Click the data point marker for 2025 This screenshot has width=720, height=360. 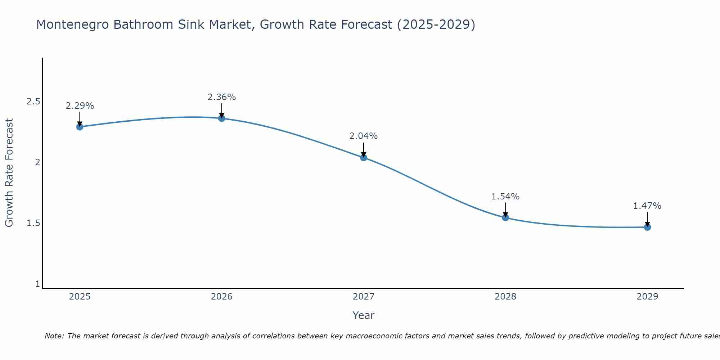(x=80, y=127)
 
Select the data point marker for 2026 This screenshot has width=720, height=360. (x=222, y=118)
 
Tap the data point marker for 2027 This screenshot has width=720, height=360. (x=364, y=157)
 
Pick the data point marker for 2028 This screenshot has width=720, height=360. (x=505, y=217)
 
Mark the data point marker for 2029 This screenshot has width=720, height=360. (x=647, y=227)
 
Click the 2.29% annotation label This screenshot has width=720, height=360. (x=80, y=106)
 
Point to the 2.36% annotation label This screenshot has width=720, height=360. (x=222, y=97)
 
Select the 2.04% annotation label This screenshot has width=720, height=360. (x=364, y=136)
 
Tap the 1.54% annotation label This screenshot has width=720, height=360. (x=505, y=197)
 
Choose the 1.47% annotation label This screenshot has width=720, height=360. (x=647, y=206)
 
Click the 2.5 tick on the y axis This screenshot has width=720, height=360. (x=33, y=102)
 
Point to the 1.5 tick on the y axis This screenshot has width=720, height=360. (x=33, y=223)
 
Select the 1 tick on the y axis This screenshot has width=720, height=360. (x=37, y=284)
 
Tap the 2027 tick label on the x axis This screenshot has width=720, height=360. (x=364, y=297)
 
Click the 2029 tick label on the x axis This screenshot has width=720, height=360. (x=647, y=297)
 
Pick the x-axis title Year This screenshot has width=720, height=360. (x=364, y=315)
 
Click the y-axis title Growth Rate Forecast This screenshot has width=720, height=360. (x=9, y=173)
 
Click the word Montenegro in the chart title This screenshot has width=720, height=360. (x=72, y=24)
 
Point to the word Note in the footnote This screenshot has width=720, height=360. (x=54, y=336)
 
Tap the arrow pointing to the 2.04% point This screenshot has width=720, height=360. (x=364, y=150)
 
